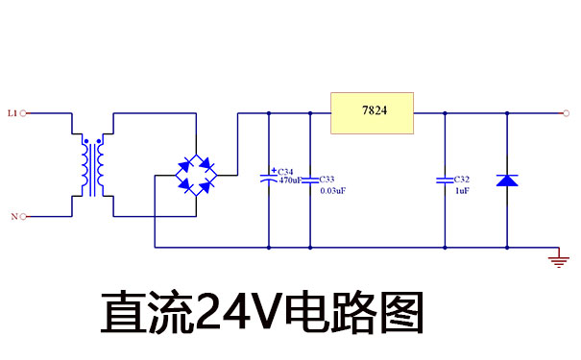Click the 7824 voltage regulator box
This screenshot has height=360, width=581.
372,112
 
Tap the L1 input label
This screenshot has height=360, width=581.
12,113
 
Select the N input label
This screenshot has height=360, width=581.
13,217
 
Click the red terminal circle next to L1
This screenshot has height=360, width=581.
23,113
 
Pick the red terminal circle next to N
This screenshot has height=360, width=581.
23,217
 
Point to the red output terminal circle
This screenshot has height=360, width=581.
566,113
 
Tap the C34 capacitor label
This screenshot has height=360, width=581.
286,171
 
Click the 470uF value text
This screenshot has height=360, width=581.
290,180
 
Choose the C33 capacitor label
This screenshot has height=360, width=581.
327,180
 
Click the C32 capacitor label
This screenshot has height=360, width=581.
462,180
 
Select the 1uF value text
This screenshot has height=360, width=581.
461,191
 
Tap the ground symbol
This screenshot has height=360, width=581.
555,259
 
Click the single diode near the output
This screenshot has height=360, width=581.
506,180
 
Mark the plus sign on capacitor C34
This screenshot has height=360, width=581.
274,169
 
